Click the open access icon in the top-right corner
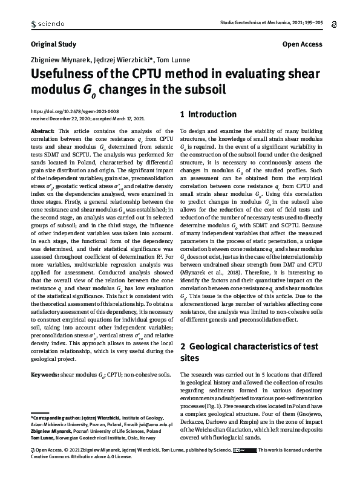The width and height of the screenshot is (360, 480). click(x=335, y=24)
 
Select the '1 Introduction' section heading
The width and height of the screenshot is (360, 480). click(x=209, y=114)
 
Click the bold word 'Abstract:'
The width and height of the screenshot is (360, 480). click(x=42, y=131)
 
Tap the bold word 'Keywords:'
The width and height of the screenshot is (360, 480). click(x=44, y=375)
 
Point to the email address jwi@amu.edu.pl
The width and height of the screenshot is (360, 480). click(x=155, y=425)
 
